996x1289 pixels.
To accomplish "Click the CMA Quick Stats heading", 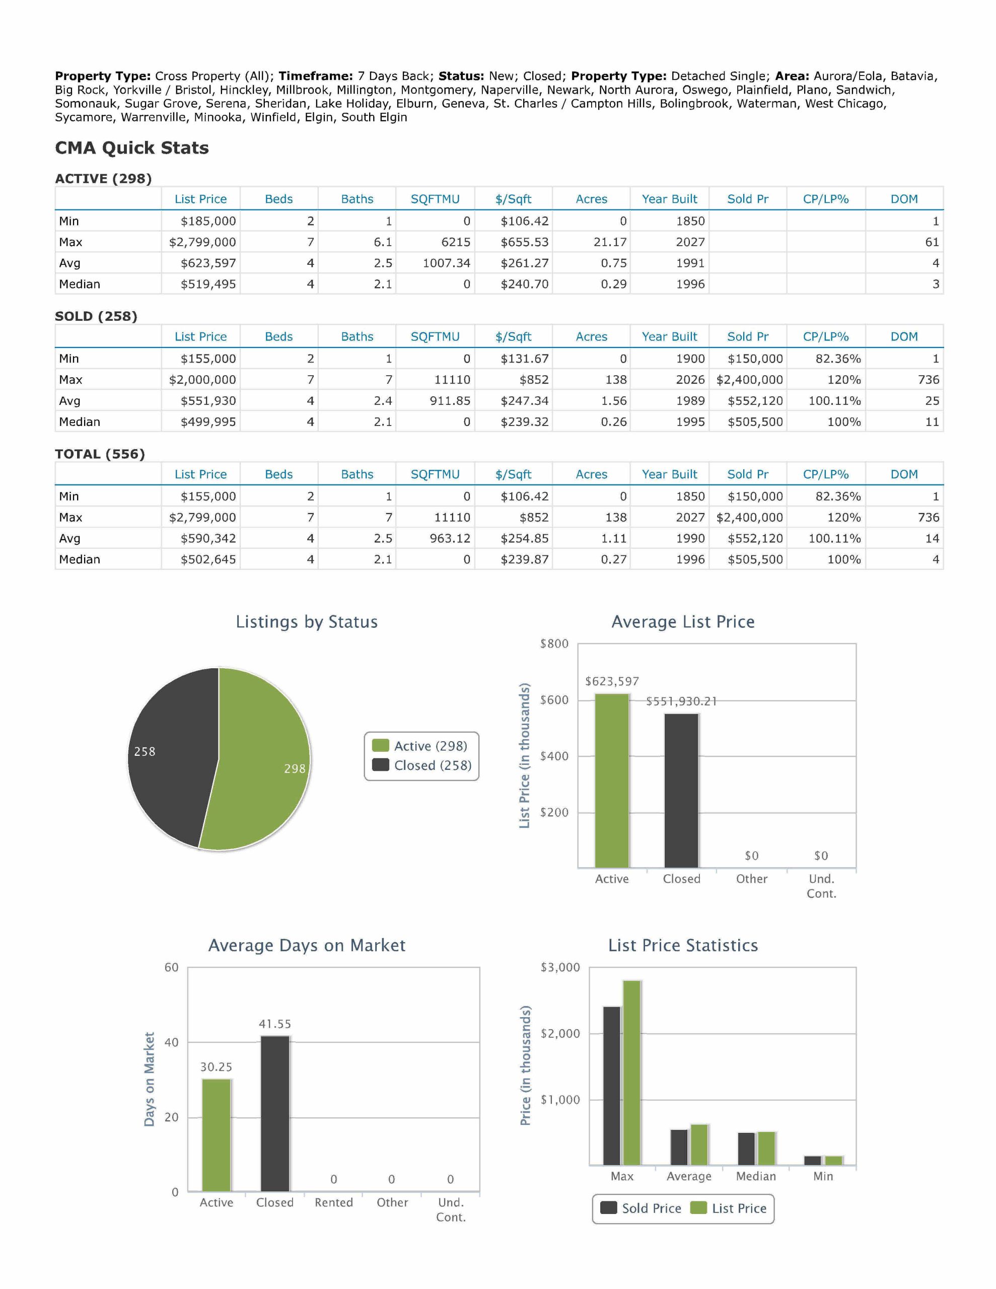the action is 131,148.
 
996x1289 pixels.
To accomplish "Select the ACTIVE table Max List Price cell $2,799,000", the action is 202,242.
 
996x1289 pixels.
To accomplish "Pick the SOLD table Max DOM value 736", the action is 929,380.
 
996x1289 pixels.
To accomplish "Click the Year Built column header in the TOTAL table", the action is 670,474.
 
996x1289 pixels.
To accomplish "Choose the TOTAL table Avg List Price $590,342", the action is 208,538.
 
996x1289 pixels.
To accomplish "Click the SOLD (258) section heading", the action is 96,316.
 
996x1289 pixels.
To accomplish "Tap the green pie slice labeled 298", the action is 260,761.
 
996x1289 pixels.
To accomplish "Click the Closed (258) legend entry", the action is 421,765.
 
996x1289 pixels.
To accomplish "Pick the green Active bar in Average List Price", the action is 612,781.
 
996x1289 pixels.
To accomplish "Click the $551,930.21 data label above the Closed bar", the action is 681,701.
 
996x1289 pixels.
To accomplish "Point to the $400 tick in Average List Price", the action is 554,756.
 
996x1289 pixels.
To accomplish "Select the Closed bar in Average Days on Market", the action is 275,1113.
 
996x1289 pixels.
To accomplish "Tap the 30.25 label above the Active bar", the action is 216,1067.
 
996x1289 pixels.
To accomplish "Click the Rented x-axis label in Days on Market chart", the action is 333,1202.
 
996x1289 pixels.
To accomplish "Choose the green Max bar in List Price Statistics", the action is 632,1072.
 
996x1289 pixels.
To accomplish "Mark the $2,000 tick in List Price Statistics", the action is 560,1033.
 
